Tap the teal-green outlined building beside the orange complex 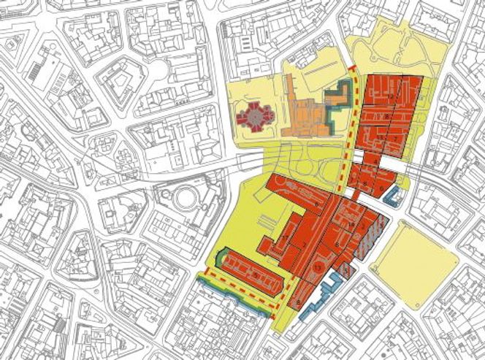point(337,102)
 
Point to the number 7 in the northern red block point(395,137)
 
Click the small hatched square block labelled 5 point(345,271)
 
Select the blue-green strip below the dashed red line point(234,296)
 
